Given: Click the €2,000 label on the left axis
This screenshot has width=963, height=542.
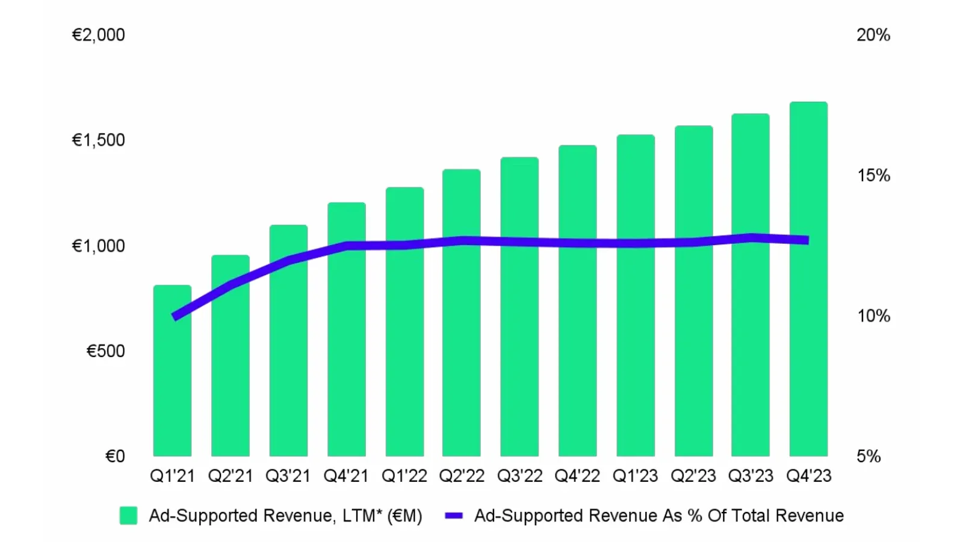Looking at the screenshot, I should pos(98,35).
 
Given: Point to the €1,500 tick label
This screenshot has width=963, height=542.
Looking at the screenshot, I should pos(98,140).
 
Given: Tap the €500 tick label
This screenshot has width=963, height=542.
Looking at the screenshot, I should pos(105,351).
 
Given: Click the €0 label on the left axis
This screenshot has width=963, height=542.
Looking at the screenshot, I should pos(115,456).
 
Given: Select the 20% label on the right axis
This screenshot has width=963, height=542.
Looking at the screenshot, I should pos(873,35).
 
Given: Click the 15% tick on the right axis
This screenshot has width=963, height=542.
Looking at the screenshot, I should pos(873,175).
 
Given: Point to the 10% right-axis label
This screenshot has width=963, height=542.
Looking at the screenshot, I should pos(873,316).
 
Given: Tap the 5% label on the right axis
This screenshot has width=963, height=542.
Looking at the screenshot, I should pos(869,456).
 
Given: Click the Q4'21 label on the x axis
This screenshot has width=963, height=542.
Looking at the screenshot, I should pos(346,476).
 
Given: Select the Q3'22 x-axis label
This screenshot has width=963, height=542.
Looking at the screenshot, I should pos(519,476).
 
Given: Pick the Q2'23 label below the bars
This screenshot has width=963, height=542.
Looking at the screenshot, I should pos(693,476).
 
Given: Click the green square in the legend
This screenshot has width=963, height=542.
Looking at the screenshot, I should pos(128,516).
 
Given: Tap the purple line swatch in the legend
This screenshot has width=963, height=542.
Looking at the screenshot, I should pos(453,516).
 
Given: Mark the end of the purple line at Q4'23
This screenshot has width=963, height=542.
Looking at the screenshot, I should pos(807,240).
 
